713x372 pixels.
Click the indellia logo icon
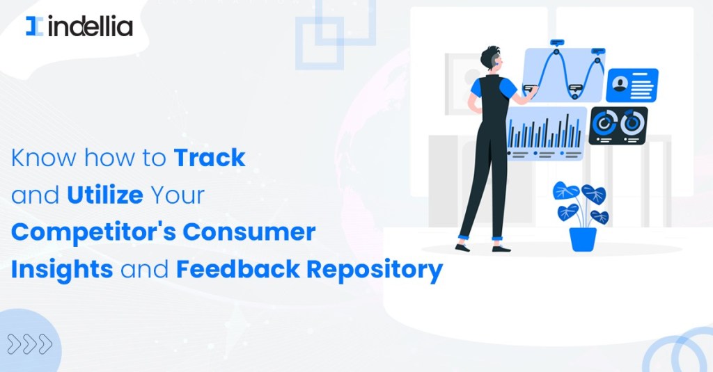(x=35, y=26)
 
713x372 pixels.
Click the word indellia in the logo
(x=91, y=26)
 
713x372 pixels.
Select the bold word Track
(x=210, y=158)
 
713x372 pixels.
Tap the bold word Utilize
(x=105, y=195)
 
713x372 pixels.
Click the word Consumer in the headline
(x=249, y=232)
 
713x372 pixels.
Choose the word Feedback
(x=238, y=269)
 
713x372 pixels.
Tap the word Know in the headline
(x=44, y=158)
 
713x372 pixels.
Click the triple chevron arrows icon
(x=30, y=344)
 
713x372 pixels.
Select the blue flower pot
(x=583, y=239)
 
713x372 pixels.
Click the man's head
(x=492, y=58)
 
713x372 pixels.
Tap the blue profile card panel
(x=632, y=86)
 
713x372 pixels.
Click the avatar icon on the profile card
(x=620, y=84)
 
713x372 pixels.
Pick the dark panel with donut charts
(x=618, y=126)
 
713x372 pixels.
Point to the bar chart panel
(x=546, y=134)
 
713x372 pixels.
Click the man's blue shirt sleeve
(x=508, y=89)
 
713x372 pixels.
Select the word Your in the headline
(x=178, y=195)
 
